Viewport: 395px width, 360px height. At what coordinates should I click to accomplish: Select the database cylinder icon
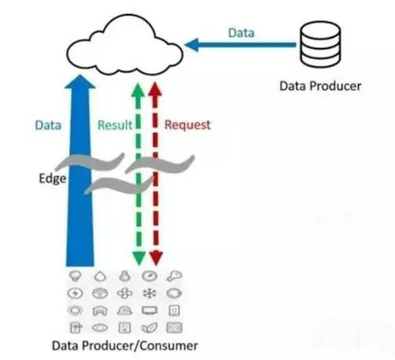(x=320, y=44)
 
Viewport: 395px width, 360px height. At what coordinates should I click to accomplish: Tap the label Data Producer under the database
(x=320, y=86)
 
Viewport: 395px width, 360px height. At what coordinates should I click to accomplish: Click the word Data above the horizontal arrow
(x=242, y=33)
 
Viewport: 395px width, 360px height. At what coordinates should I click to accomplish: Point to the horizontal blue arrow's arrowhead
(x=191, y=45)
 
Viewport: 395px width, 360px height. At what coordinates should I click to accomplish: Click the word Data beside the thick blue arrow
(x=48, y=125)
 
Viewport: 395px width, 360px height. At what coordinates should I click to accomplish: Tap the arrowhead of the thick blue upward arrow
(x=80, y=82)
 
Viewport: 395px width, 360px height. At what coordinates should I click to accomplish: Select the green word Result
(x=115, y=125)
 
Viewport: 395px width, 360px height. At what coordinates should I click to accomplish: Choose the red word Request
(x=187, y=125)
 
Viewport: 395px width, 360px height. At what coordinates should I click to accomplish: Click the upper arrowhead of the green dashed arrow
(x=138, y=90)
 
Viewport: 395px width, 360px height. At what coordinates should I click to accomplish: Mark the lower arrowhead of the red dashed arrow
(x=156, y=259)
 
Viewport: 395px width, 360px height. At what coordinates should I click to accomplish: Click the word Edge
(x=53, y=179)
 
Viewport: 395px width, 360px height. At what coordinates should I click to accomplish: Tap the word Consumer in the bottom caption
(x=168, y=346)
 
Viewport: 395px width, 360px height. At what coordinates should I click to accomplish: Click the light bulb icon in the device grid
(x=76, y=276)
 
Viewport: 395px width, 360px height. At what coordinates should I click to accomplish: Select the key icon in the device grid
(x=174, y=276)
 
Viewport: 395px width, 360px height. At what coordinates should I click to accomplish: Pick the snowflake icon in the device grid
(x=150, y=293)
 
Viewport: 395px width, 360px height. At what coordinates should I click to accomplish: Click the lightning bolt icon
(x=76, y=293)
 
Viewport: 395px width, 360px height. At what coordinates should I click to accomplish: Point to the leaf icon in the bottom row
(x=150, y=328)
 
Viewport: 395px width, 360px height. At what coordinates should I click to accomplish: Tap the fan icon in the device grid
(x=124, y=293)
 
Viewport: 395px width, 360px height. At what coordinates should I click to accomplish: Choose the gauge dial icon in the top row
(x=150, y=276)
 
